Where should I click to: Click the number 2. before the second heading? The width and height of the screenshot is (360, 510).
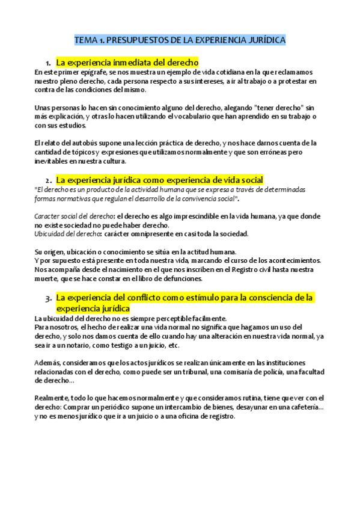click(49, 180)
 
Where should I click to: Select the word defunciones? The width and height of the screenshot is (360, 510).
click(182, 278)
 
